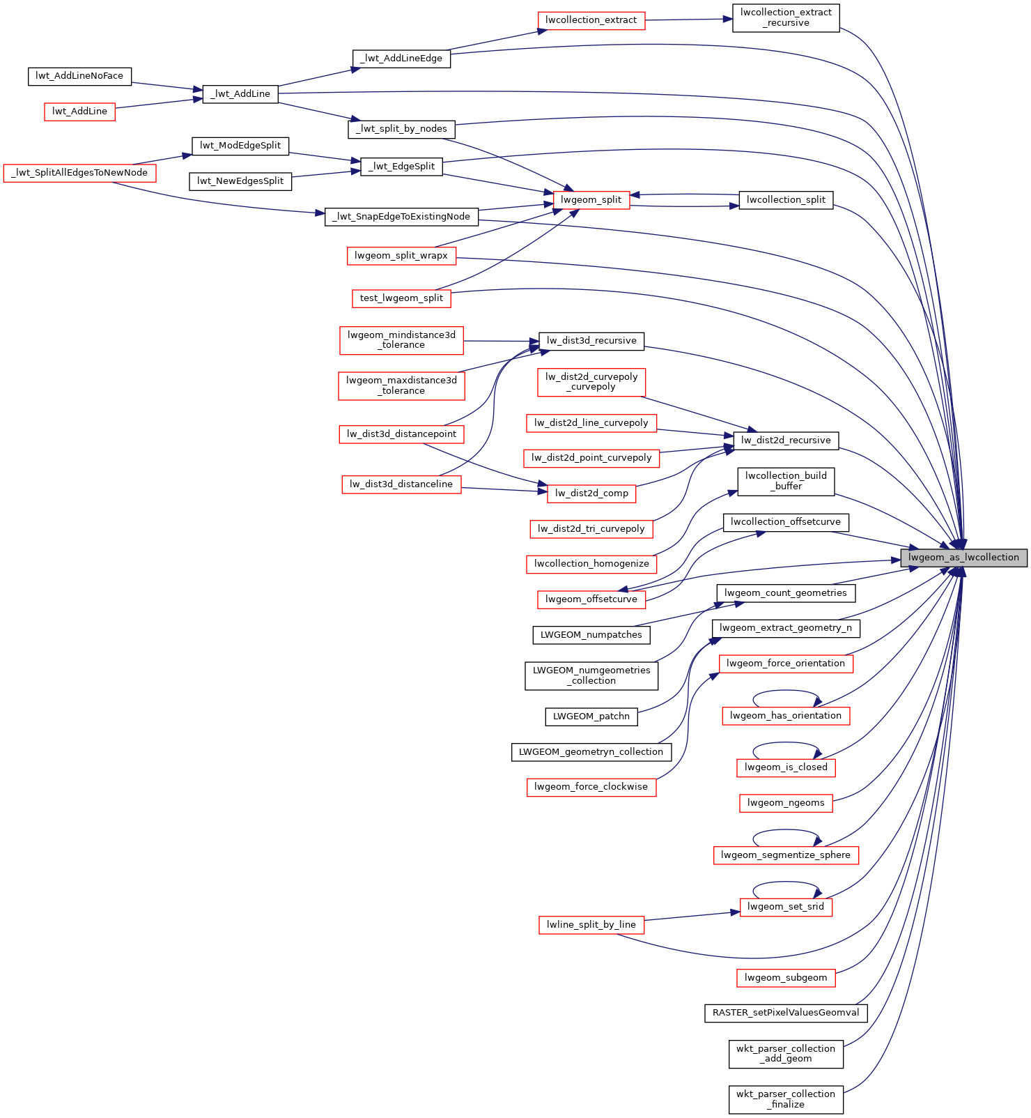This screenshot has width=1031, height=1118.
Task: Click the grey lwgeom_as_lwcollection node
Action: pyautogui.click(x=963, y=558)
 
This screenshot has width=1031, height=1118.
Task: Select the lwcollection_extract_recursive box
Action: pyautogui.click(x=786, y=17)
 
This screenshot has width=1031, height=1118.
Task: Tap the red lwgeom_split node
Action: pyautogui.click(x=591, y=200)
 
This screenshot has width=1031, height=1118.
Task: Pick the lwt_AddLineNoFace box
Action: pyautogui.click(x=79, y=76)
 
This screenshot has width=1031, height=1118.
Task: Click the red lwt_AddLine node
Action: pyautogui.click(x=79, y=112)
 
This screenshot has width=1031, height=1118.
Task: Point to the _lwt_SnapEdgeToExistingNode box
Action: pyautogui.click(x=401, y=217)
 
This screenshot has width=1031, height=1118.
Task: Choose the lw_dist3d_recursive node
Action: pyautogui.click(x=591, y=341)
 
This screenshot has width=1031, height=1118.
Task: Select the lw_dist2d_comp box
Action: pyautogui.click(x=591, y=493)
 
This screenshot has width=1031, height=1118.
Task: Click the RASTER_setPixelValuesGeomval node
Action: pyautogui.click(x=786, y=1013)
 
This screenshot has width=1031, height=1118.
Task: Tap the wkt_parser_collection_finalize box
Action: pyautogui.click(x=786, y=1099)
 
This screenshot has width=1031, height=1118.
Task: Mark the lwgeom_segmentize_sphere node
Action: pyautogui.click(x=786, y=855)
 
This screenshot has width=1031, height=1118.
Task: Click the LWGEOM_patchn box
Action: pyautogui.click(x=591, y=717)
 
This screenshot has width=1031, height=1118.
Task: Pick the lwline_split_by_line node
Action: pyautogui.click(x=591, y=925)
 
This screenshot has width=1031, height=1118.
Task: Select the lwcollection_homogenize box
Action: pyautogui.click(x=591, y=564)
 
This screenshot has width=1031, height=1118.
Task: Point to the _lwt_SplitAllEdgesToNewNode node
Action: pyautogui.click(x=79, y=173)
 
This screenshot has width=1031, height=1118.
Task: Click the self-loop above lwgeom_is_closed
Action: pyautogui.click(x=786, y=743)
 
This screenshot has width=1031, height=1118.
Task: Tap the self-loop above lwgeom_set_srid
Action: pyautogui.click(x=786, y=882)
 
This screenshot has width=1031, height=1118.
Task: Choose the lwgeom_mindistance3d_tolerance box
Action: pyautogui.click(x=401, y=340)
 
